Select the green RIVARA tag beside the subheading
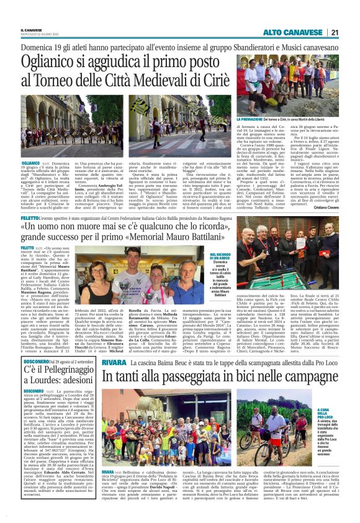pyautogui.click(x=115, y=345)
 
